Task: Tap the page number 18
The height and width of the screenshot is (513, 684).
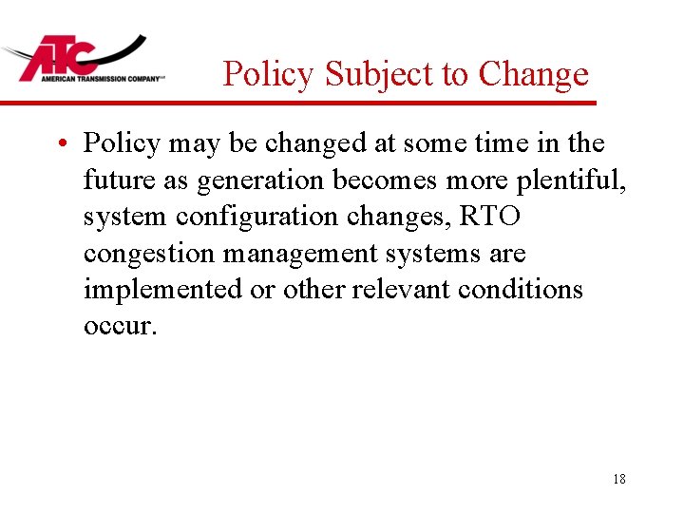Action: (619, 479)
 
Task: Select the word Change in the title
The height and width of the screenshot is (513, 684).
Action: (534, 73)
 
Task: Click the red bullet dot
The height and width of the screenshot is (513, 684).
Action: (60, 144)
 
